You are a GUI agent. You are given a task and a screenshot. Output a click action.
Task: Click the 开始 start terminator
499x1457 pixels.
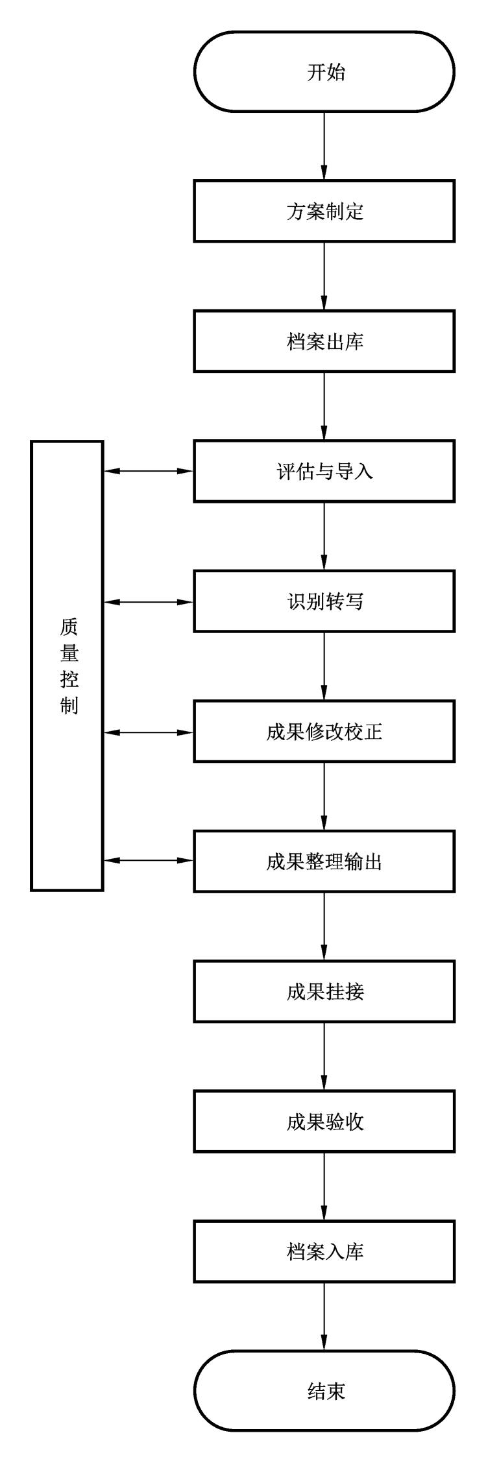click(324, 72)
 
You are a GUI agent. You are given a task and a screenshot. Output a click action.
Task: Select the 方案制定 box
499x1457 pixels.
click(324, 211)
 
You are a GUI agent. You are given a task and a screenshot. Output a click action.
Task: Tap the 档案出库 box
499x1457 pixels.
click(324, 341)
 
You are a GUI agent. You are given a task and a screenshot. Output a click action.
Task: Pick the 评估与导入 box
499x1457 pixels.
click(324, 471)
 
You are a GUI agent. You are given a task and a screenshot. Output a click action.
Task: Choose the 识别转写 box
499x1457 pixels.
click(324, 601)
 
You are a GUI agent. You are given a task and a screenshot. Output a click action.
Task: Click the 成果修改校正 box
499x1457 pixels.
click(324, 732)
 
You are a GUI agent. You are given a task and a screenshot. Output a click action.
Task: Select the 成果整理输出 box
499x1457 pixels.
click(324, 861)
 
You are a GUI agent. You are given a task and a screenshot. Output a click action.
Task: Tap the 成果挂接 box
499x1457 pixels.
click(324, 992)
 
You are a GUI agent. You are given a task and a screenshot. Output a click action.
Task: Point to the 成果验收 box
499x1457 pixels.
click(324, 1122)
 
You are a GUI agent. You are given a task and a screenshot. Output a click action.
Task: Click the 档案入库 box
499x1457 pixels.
click(324, 1251)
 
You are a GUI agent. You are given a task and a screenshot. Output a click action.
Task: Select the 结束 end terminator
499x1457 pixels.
click(324, 1391)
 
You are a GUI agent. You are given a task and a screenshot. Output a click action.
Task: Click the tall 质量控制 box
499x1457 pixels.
click(67, 666)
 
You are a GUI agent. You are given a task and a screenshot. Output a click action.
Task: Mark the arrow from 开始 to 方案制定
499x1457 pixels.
click(324, 147)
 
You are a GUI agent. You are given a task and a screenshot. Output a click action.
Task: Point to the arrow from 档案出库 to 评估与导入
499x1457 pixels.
click(324, 406)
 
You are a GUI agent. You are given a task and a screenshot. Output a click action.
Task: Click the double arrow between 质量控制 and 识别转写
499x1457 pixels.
click(149, 602)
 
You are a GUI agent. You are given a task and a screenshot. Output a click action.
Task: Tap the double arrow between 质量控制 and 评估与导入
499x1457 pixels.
click(149, 471)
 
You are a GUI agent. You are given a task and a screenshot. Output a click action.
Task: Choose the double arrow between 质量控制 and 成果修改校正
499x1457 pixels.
click(149, 732)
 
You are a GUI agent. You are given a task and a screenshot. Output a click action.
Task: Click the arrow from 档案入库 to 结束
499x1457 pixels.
click(324, 1317)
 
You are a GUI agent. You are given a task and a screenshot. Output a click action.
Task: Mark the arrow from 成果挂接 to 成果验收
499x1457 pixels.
click(324, 1057)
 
